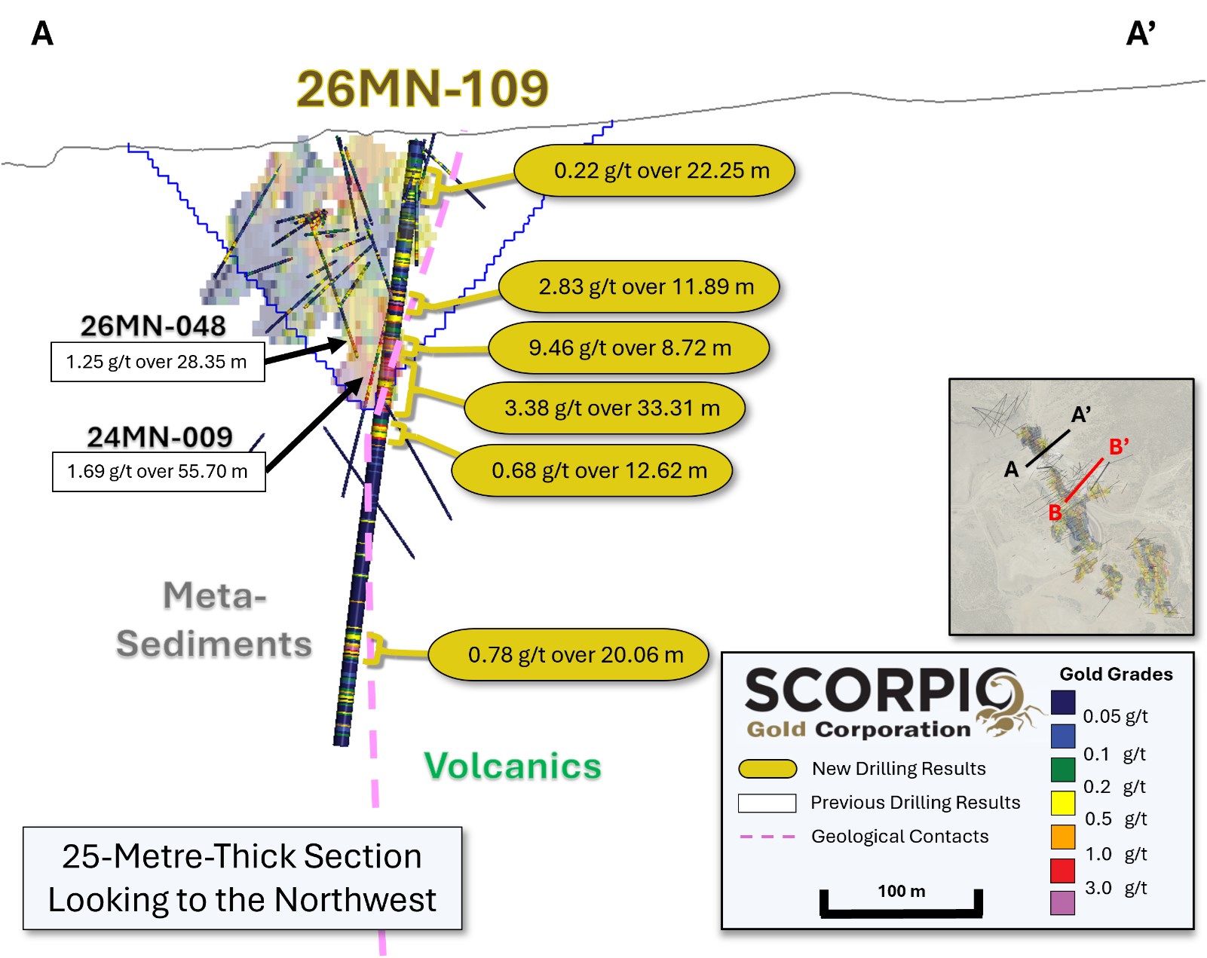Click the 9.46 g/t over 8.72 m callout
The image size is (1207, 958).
click(629, 347)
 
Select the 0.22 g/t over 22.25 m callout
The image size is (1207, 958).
click(654, 170)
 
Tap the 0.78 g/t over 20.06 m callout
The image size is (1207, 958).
click(568, 654)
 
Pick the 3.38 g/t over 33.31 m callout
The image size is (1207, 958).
click(605, 409)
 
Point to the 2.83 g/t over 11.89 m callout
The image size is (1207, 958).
click(639, 286)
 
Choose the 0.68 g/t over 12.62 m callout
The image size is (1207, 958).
click(592, 470)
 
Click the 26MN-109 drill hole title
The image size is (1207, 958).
click(421, 89)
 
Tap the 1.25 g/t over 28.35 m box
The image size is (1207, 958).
click(158, 362)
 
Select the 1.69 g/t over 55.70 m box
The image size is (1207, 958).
click(159, 472)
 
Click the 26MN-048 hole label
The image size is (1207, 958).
click(153, 326)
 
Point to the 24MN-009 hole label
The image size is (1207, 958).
click(159, 437)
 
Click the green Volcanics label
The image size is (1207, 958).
click(513, 767)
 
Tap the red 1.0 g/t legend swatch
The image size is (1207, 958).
click(1062, 871)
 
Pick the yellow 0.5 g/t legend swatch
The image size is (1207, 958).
click(1062, 803)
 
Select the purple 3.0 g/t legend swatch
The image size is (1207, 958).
click(1062, 903)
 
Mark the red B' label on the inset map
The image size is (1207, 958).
click(1118, 447)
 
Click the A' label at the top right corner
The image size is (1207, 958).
click(1141, 34)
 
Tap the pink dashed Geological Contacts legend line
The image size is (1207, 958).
click(767, 837)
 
